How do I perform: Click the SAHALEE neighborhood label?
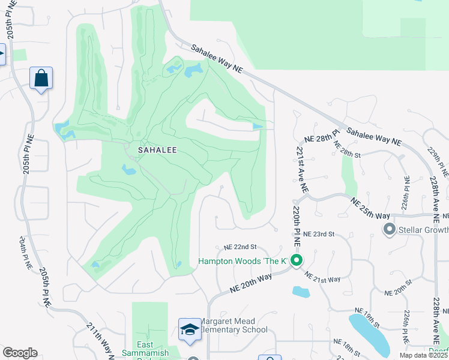coord(157,150)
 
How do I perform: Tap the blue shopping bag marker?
coord(41,78)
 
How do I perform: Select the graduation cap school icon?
coord(190,330)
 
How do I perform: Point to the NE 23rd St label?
coord(318,234)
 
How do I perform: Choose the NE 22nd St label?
coord(240,247)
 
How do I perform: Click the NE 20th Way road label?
coord(251,283)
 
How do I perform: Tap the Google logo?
coord(20,352)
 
